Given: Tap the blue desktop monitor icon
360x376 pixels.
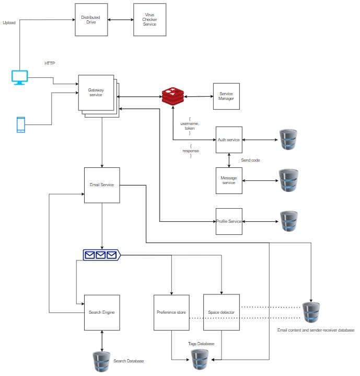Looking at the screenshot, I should [x=19, y=77].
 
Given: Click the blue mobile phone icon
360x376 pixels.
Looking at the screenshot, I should [x=21, y=124].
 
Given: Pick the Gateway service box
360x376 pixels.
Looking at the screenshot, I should [x=96, y=93].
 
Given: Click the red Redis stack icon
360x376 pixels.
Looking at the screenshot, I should [x=173, y=96].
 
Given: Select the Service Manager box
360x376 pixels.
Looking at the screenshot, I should [x=226, y=96].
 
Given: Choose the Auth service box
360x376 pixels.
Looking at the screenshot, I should [x=229, y=140].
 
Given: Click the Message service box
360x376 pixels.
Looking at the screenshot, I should [x=229, y=180].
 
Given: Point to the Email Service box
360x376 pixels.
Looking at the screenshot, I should [x=102, y=185].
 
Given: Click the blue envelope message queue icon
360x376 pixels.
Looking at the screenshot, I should [x=101, y=255].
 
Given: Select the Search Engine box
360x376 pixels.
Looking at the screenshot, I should [x=102, y=312].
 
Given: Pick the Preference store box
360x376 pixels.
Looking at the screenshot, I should [x=171, y=312].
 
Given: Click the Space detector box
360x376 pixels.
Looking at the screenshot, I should [x=221, y=312].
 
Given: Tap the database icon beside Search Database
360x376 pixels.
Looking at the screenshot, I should [x=101, y=361].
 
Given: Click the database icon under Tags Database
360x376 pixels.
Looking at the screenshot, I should [x=200, y=360].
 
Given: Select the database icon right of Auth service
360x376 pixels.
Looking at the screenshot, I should [x=288, y=140].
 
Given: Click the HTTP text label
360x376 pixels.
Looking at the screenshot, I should [x=50, y=63].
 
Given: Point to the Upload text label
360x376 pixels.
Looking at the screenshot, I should [x=9, y=23].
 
